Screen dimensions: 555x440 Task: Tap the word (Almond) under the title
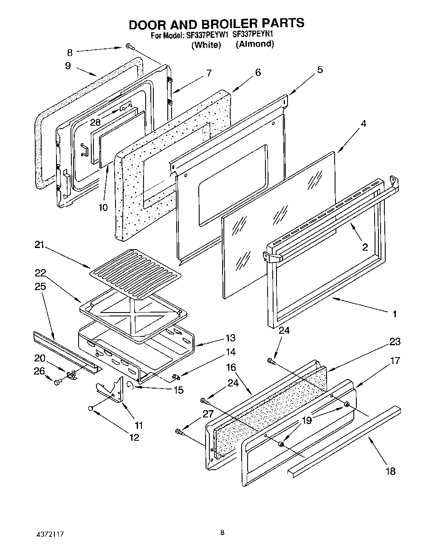point(255,44)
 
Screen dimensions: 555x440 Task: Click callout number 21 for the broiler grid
point(39,245)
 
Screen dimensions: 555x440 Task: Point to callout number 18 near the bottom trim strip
point(390,471)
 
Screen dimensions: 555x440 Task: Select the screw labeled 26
point(57,382)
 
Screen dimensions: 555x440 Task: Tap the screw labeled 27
point(179,432)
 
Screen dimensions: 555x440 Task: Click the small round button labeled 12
point(90,408)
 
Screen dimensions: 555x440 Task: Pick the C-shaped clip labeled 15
point(132,385)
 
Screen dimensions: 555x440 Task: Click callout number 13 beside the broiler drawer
point(230,338)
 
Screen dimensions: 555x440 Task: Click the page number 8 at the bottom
point(222,533)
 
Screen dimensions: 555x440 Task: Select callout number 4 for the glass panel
point(363,124)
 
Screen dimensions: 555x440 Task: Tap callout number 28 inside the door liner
point(95,122)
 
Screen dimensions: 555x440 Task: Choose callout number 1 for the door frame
point(394,314)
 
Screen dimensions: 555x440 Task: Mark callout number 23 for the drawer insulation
point(395,341)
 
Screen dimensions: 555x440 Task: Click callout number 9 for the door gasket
point(68,66)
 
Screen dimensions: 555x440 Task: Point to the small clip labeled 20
point(71,375)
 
